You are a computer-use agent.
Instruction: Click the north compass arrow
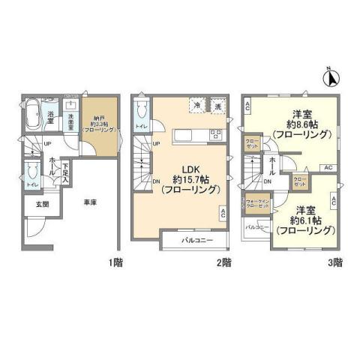pos(330,76)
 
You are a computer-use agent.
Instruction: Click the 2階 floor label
pos(226,262)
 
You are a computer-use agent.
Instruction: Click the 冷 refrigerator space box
pos(196,107)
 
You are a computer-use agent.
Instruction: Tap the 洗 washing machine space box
pos(217,107)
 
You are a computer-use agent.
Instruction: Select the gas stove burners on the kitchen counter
pos(217,134)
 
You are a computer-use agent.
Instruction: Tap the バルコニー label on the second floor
pos(196,241)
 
